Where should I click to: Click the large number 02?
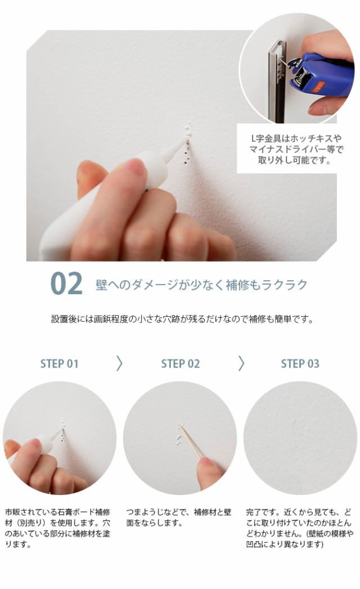(x=66, y=284)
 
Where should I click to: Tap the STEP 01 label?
(x=60, y=363)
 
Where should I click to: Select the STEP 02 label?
(x=180, y=363)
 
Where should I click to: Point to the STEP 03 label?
(x=300, y=363)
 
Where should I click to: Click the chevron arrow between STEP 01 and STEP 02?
(x=119, y=363)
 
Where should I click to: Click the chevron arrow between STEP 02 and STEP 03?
(x=241, y=363)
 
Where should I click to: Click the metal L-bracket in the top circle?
(x=277, y=84)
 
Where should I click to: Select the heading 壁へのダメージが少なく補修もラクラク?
(x=201, y=285)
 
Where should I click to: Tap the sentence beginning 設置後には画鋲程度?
(x=182, y=319)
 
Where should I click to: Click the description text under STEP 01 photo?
(x=58, y=528)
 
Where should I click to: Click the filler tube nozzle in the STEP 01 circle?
(x=56, y=435)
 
